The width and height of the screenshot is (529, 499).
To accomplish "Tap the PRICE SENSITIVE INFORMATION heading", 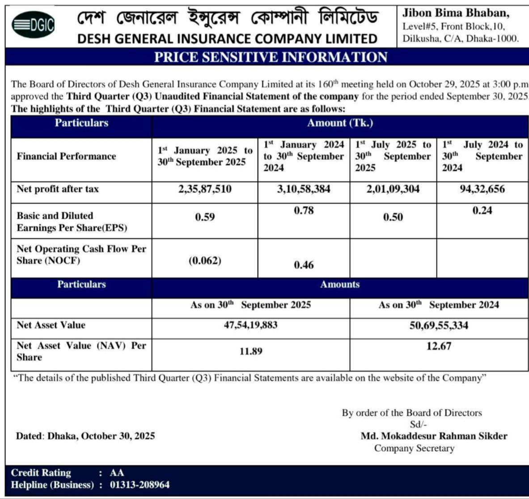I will point(271,57).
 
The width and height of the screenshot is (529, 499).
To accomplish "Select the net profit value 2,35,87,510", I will point(205,189).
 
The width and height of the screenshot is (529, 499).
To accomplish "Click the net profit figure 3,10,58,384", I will point(304,189).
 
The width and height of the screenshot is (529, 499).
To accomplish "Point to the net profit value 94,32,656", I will point(482,189).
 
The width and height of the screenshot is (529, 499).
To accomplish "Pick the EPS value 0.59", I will point(205,217).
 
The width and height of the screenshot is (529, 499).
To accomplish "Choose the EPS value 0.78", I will point(304,210).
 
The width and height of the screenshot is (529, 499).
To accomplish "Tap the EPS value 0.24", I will point(482,210).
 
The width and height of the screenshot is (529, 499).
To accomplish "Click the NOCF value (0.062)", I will point(205,260).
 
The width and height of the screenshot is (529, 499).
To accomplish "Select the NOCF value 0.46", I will point(304,265).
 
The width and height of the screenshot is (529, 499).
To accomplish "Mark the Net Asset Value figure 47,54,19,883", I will point(250,325).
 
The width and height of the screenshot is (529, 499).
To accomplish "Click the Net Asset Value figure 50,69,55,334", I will point(439,325).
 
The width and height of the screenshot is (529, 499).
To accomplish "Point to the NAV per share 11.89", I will point(250,351).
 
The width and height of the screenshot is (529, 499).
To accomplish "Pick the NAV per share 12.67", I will point(439,346).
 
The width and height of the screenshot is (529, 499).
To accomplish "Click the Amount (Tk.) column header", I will point(340,123).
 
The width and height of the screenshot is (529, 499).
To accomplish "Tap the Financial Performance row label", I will point(66,156).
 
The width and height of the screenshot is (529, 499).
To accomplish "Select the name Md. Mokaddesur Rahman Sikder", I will point(434,436).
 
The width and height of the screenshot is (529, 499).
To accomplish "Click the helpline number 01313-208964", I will point(140,485).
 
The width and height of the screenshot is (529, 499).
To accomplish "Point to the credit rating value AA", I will point(117,473).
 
